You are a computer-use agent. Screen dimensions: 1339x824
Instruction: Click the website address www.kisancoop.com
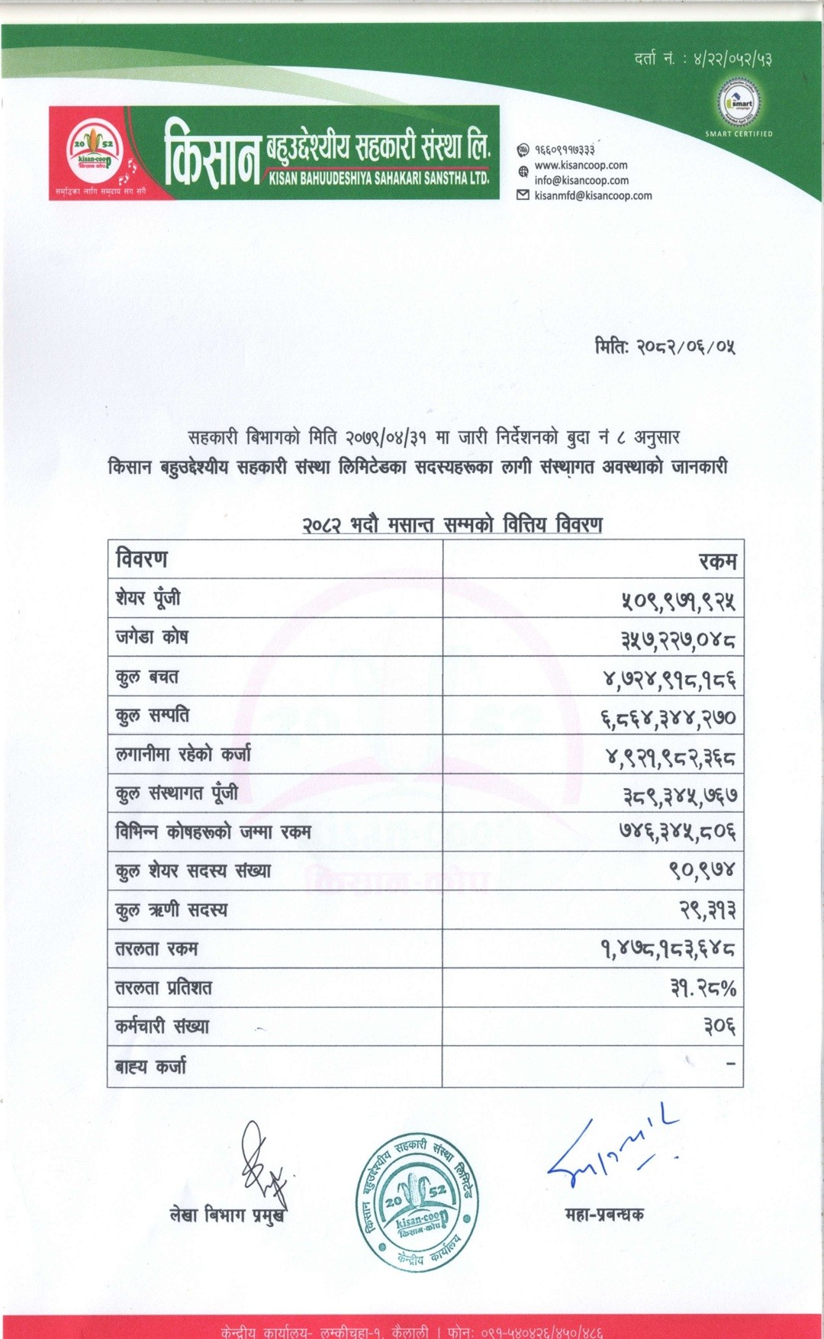pos(581,165)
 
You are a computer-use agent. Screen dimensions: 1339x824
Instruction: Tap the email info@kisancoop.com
pos(581,180)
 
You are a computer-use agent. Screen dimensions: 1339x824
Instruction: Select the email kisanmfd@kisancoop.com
pos(593,195)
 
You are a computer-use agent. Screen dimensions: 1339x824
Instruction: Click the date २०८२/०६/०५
pos(665,347)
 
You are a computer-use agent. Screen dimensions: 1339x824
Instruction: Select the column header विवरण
pos(142,559)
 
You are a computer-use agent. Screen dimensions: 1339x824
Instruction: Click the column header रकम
pos(718,562)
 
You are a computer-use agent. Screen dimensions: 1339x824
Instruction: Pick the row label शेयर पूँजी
pos(148,598)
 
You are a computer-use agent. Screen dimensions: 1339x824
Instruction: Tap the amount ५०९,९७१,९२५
pos(678,600)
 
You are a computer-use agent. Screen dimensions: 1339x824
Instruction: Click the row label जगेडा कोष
pos(151,637)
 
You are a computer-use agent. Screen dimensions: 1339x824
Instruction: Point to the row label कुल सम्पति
pos(152,716)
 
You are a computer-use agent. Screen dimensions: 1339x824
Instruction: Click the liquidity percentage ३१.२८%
pos(703,989)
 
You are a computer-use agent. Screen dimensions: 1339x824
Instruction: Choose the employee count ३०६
pos(719,1027)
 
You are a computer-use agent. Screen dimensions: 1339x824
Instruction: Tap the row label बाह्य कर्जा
pos(150,1067)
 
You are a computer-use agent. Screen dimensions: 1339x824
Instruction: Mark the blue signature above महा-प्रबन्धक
pos(611,1151)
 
